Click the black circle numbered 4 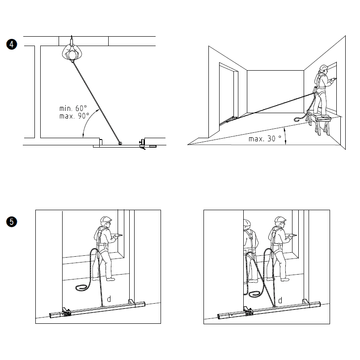pyautogui.click(x=12, y=44)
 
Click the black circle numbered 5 pyautogui.click(x=12, y=222)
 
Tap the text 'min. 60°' pyautogui.click(x=73, y=108)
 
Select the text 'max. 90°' pyautogui.click(x=74, y=116)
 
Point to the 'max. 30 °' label pyautogui.click(x=265, y=139)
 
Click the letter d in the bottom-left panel pyautogui.click(x=109, y=299)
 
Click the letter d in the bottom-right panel pyautogui.click(x=280, y=301)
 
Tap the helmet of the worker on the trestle pyautogui.click(x=323, y=68)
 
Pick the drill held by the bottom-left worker pyautogui.click(x=118, y=235)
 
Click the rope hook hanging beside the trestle pyautogui.click(x=297, y=119)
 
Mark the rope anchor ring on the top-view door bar pyautogui.click(x=120, y=143)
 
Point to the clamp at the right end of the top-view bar pyautogui.click(x=143, y=144)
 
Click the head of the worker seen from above pyautogui.click(x=72, y=55)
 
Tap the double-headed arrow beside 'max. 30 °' pyautogui.click(x=285, y=136)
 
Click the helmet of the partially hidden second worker pyautogui.click(x=247, y=223)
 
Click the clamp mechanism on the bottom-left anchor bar pyautogui.click(x=66, y=312)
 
